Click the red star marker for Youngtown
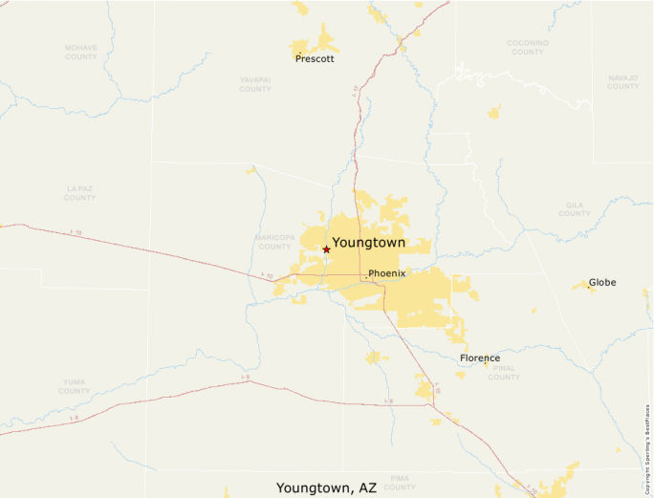click(x=326, y=249)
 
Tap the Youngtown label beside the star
click(x=368, y=243)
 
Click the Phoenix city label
click(x=387, y=273)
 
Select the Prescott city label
click(x=315, y=58)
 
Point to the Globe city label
click(x=602, y=282)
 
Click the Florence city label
click(x=479, y=358)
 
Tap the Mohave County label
click(x=81, y=52)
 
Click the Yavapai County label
click(x=255, y=85)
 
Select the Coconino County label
click(x=528, y=47)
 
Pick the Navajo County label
click(x=622, y=82)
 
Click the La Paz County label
click(x=79, y=193)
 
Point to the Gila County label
click(x=575, y=208)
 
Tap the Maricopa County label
click(x=274, y=241)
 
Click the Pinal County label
click(x=504, y=373)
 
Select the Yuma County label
click(x=74, y=386)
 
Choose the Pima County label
click(x=401, y=482)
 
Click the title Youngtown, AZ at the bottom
click(x=327, y=487)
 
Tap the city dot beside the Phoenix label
click(x=365, y=277)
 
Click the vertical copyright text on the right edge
click(x=647, y=449)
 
